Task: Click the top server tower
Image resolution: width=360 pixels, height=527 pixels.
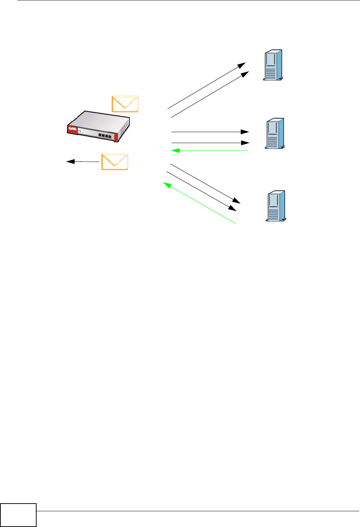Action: point(273,65)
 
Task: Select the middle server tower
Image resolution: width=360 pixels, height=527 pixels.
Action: point(274,134)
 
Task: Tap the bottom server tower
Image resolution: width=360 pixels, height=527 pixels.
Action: point(275,206)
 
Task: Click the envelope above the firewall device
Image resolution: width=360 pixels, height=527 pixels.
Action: point(125,104)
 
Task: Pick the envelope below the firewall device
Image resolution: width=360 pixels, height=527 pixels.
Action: point(115,162)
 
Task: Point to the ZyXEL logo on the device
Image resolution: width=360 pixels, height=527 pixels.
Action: point(72,130)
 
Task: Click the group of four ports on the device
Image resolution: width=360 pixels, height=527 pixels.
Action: point(105,135)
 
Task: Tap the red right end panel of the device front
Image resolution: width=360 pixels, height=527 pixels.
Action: point(116,137)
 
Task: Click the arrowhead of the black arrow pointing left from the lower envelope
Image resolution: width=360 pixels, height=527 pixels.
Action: point(70,161)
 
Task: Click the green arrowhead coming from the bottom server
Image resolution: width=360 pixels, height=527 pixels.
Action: point(167,185)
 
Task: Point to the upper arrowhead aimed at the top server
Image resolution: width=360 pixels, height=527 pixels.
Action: point(241,65)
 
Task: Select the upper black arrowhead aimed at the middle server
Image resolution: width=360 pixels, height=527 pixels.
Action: point(245,132)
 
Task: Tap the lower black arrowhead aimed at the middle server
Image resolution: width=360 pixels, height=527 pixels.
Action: point(245,143)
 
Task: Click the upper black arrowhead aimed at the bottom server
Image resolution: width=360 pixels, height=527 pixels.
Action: point(237,201)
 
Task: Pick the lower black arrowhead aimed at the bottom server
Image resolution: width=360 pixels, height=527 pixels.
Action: point(233,208)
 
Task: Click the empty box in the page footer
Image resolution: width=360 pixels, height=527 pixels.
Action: point(18,515)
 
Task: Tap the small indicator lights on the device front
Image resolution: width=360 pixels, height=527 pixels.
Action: point(80,131)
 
